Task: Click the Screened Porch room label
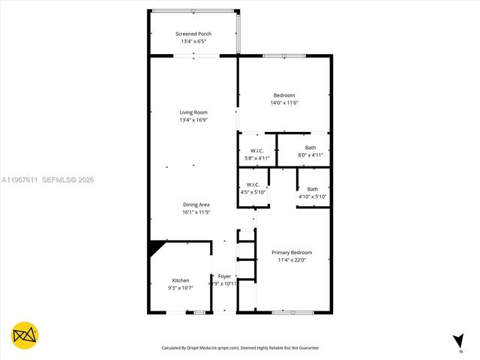click(193, 34)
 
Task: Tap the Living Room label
click(193, 112)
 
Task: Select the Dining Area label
click(196, 205)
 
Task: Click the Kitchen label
click(180, 280)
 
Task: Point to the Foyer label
click(224, 277)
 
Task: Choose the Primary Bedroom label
click(292, 253)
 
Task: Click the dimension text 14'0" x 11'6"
click(284, 103)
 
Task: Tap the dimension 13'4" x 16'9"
click(193, 120)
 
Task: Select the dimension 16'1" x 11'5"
click(196, 212)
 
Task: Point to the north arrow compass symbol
click(458, 342)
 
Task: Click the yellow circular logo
click(25, 335)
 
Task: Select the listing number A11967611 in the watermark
click(20, 180)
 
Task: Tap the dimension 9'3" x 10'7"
click(180, 288)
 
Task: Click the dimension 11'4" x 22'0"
click(292, 260)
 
